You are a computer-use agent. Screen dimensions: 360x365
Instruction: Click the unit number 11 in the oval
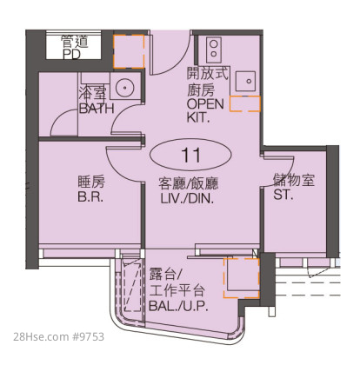190,155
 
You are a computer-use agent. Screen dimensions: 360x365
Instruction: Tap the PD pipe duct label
71,54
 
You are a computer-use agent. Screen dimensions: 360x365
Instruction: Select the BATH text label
97,109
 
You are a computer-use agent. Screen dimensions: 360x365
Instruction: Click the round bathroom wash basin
125,87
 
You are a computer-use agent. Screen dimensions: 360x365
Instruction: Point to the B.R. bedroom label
90,197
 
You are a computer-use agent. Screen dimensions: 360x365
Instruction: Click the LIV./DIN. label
187,198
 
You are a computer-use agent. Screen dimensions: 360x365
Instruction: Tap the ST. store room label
283,195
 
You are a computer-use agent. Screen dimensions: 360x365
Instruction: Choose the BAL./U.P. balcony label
178,306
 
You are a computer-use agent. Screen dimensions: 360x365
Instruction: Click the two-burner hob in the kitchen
214,50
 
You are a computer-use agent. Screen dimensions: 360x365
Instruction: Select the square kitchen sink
245,82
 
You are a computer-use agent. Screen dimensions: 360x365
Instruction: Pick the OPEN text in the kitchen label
205,104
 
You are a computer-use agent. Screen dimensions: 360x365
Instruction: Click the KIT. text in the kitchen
198,117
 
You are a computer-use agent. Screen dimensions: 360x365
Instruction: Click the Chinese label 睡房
91,182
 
